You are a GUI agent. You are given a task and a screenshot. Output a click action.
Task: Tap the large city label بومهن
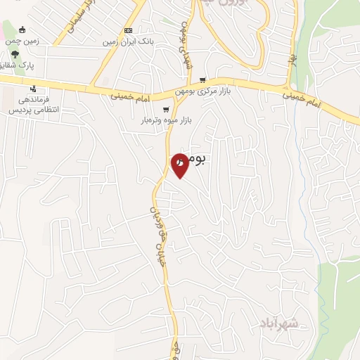[x=191, y=160]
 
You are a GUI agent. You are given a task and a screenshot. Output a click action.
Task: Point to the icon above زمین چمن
[x=22, y=30]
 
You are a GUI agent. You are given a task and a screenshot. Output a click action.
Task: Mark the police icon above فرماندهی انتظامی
[x=33, y=88]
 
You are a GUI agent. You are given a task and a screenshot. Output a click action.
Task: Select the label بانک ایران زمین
[x=128, y=42]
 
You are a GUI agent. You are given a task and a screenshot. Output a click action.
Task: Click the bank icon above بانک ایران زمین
[x=128, y=30]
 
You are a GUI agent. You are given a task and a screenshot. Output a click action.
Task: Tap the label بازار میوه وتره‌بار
[x=165, y=122]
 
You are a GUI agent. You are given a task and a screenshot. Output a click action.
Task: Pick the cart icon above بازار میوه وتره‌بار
[x=166, y=109]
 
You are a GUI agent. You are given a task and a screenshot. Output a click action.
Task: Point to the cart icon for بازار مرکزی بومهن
[x=202, y=80]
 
